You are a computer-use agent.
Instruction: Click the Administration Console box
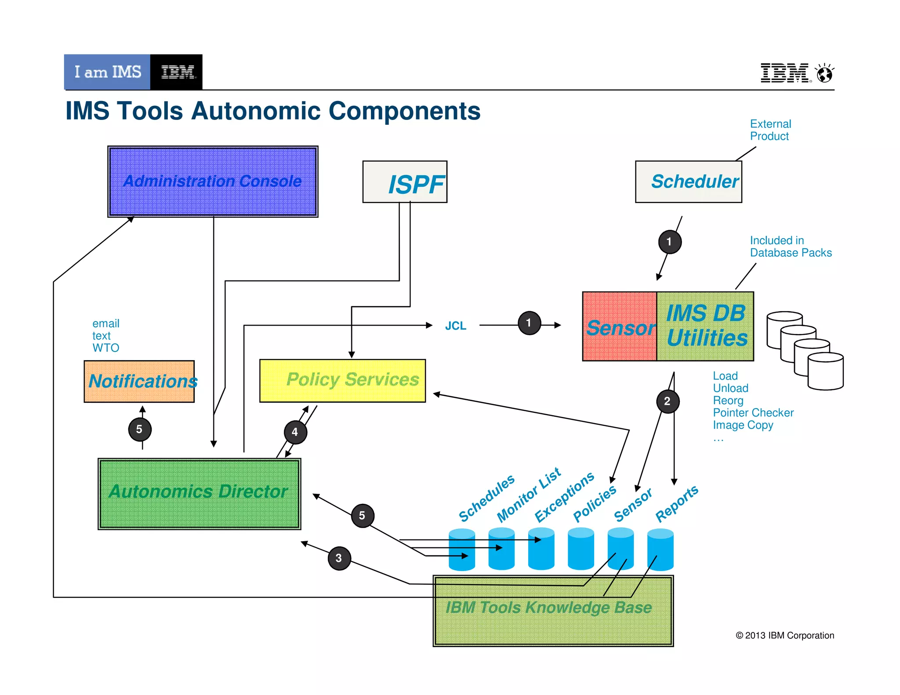coord(213,181)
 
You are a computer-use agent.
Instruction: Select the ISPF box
coord(405,182)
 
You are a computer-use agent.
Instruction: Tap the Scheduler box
coord(688,181)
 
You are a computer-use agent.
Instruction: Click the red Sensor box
coord(620,327)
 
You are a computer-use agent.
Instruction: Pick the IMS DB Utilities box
coord(705,326)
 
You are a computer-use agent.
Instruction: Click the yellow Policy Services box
coord(342,380)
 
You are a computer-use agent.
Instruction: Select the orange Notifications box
coord(139,381)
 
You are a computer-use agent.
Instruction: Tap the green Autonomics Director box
coord(199,494)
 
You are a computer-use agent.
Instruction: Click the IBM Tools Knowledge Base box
coord(553,611)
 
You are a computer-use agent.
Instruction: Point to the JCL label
coord(455,326)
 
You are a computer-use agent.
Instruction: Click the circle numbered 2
coord(668,401)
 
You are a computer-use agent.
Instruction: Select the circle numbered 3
coord(339,558)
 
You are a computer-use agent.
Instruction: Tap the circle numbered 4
coord(295,432)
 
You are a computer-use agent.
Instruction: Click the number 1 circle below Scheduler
coord(669,242)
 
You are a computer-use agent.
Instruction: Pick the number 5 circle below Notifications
coord(139,430)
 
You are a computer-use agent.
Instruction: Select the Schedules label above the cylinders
coord(486,498)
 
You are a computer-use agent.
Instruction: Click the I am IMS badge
coord(107,72)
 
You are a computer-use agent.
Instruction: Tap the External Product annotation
coord(770,130)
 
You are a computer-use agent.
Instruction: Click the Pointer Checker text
coord(753,413)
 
